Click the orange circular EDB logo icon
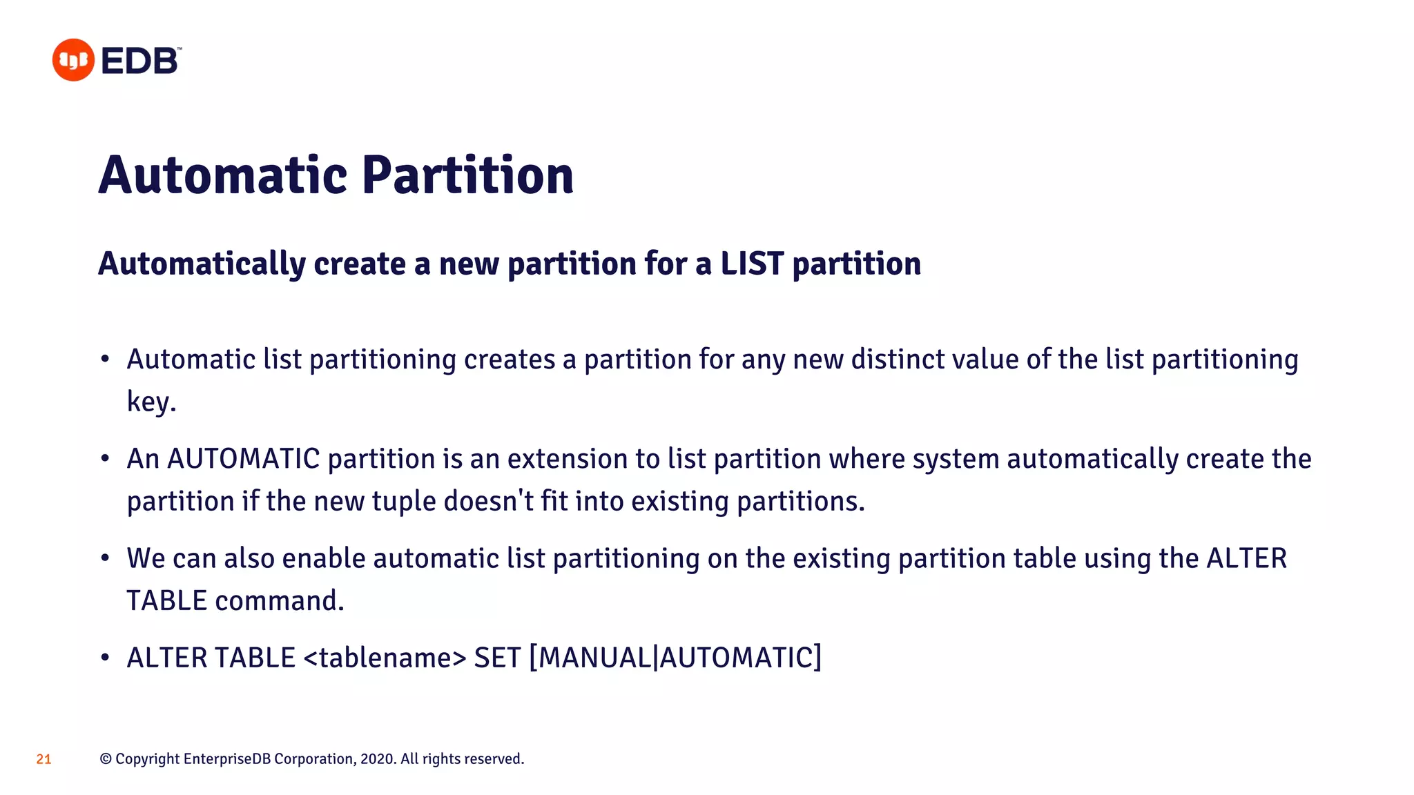click(73, 60)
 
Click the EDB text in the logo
click(140, 61)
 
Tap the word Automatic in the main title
click(222, 175)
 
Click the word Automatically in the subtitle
click(202, 264)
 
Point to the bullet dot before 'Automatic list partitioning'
click(105, 359)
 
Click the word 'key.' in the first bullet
click(151, 402)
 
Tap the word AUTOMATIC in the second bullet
click(243, 459)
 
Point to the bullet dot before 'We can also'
click(105, 558)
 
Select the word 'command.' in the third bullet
click(279, 600)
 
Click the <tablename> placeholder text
click(385, 658)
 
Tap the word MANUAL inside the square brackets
click(594, 658)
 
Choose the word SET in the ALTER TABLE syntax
click(497, 658)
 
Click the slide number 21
click(43, 759)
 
